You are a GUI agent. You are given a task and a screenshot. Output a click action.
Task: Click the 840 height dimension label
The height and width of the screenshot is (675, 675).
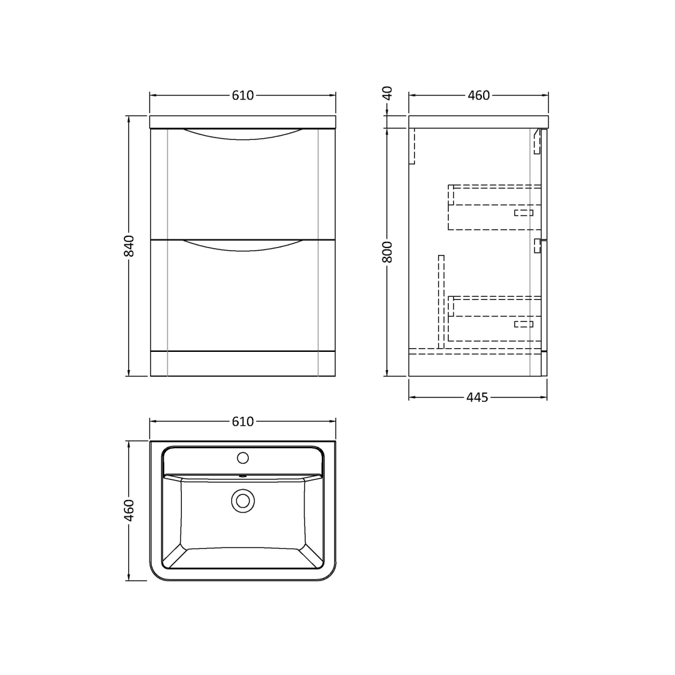click(129, 246)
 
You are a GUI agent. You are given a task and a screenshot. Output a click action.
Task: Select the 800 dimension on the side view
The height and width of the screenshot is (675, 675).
click(387, 252)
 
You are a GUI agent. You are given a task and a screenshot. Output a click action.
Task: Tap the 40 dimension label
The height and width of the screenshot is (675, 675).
click(387, 93)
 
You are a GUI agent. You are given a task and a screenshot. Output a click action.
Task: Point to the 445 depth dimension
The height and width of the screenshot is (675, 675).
click(477, 397)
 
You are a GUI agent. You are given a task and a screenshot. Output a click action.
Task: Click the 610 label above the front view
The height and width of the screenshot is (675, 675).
click(242, 95)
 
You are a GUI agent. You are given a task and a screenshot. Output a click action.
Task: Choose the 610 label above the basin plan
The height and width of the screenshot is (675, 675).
click(242, 421)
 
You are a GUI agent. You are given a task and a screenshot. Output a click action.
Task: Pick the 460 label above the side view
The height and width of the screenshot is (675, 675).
click(479, 95)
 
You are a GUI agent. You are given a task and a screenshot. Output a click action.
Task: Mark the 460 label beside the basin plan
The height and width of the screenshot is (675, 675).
click(129, 511)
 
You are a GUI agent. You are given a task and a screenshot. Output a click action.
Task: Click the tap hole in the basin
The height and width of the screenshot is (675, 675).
click(242, 458)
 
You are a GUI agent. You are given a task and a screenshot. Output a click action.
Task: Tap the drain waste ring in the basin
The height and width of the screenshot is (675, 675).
click(242, 501)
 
